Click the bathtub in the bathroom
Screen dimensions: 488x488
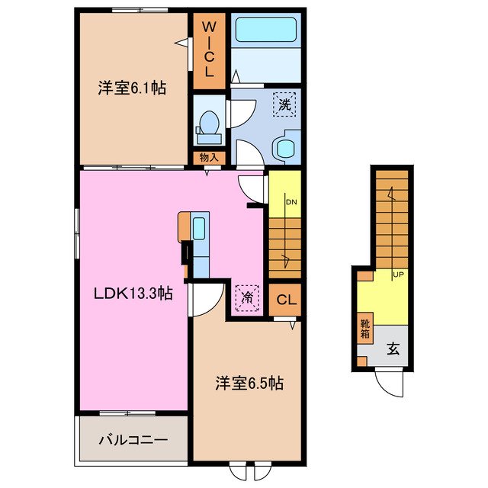tap(267, 30)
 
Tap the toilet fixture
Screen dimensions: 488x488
tap(207, 127)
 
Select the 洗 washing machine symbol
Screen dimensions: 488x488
tap(284, 105)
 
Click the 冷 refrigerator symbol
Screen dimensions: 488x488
tap(247, 297)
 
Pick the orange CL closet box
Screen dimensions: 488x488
tap(284, 300)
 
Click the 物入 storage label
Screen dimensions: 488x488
tap(209, 158)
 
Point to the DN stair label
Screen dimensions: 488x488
tap(291, 203)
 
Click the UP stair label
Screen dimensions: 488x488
tap(397, 274)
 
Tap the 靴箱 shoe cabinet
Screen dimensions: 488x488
tap(364, 329)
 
